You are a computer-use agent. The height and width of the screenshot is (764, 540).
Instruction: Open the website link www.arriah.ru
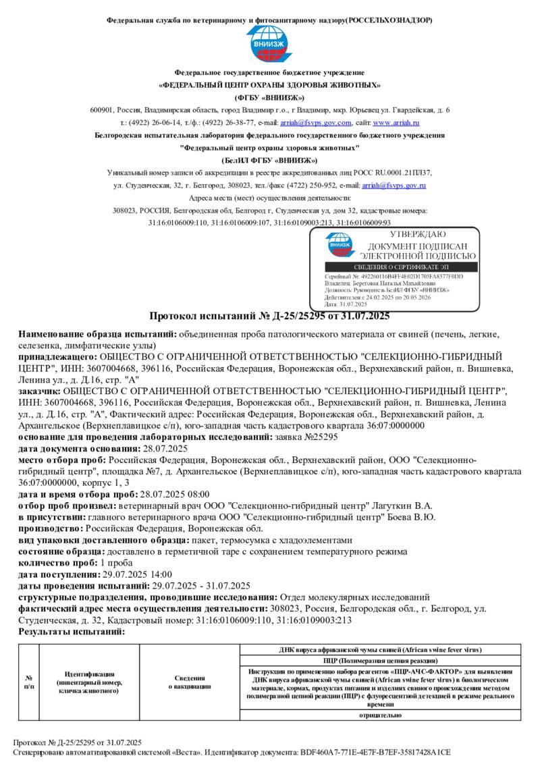click(x=396, y=123)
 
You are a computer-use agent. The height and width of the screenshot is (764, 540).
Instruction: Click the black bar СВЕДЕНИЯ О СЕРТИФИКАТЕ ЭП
click(x=394, y=268)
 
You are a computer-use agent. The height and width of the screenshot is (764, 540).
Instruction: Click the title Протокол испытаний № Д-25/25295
click(x=269, y=316)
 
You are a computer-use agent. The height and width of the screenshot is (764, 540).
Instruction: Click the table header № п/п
click(x=29, y=682)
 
